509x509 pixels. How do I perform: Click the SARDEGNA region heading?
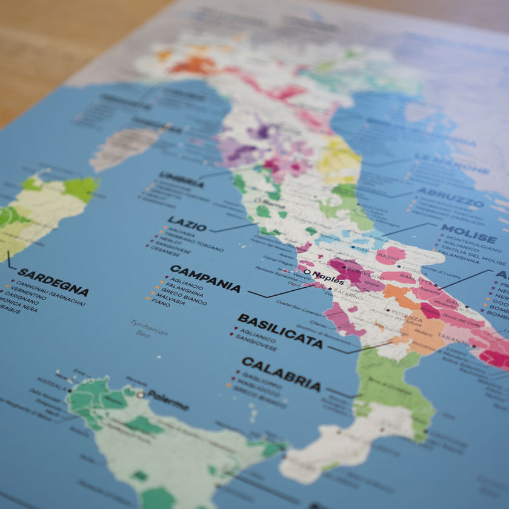coord(53,282)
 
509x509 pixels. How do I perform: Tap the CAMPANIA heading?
coord(205,278)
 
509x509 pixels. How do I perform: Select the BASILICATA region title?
coord(280,330)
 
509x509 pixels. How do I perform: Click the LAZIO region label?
coord(187,224)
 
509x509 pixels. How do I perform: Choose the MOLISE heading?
coord(468,233)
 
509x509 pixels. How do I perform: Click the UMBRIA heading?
coord(181,179)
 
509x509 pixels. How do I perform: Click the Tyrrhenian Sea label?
coord(148,328)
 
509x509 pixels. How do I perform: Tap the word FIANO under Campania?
coord(161,302)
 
